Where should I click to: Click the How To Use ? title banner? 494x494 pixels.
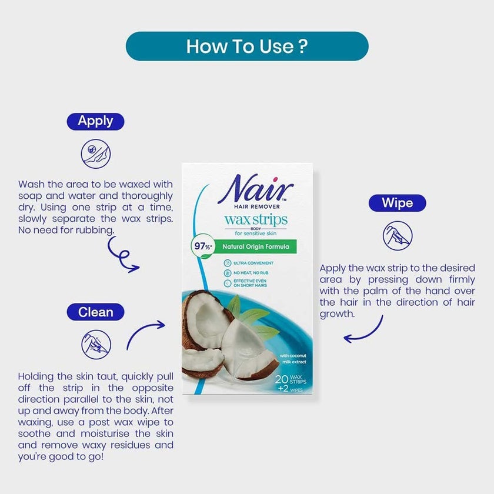(247, 46)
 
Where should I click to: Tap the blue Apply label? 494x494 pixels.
(95, 121)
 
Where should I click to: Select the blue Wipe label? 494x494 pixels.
(397, 203)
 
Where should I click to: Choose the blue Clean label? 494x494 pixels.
(95, 311)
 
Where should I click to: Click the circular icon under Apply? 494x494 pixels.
(95, 154)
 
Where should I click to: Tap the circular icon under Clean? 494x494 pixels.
(96, 343)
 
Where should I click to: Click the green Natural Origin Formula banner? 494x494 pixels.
(256, 248)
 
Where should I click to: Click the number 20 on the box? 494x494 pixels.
(281, 380)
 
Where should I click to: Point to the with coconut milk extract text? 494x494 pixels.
(293, 359)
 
